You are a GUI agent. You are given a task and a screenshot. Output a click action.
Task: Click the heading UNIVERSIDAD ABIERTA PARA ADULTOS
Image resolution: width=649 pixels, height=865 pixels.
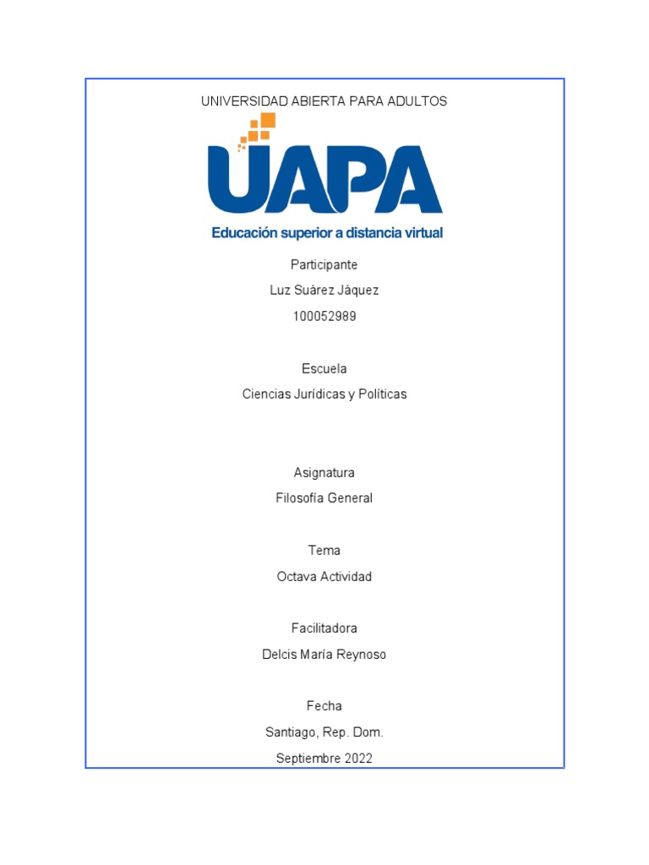point(324,101)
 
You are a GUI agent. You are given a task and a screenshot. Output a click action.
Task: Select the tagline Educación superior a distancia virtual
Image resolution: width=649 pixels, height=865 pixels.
point(327,232)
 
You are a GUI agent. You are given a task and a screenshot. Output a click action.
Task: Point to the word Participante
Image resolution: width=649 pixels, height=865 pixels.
point(324,264)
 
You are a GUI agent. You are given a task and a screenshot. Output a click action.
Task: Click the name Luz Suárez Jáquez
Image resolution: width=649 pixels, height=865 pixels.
point(324,291)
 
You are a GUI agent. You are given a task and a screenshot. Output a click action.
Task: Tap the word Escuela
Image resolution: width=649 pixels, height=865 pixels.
point(324,368)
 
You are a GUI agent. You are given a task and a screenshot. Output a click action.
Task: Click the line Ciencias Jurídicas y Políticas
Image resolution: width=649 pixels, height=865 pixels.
point(324,394)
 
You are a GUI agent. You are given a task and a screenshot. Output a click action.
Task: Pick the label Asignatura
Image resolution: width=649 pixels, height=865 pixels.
point(324,472)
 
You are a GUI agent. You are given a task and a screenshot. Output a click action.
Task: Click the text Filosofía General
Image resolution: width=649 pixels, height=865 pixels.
point(324,498)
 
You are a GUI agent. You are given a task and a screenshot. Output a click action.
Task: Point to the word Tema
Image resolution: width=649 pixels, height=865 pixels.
point(324,551)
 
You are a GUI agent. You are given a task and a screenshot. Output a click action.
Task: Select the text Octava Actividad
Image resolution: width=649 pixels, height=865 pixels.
point(324,577)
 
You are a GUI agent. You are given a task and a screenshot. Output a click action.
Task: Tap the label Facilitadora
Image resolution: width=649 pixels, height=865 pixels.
point(324,628)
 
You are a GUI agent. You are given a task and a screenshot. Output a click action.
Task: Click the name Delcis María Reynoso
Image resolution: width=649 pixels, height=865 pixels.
point(324,655)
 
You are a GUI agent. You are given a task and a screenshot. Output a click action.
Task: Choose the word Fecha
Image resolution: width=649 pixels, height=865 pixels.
point(324,706)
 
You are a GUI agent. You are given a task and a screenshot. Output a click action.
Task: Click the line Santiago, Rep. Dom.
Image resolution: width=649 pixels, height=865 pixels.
point(324,732)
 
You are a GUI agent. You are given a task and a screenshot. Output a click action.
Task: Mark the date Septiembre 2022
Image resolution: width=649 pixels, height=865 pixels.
point(324,759)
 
